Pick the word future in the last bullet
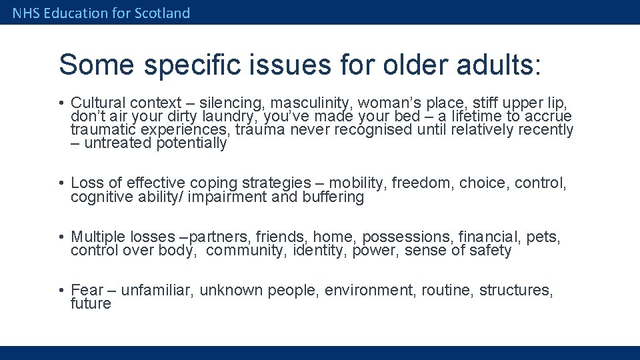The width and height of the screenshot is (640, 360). [91, 304]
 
